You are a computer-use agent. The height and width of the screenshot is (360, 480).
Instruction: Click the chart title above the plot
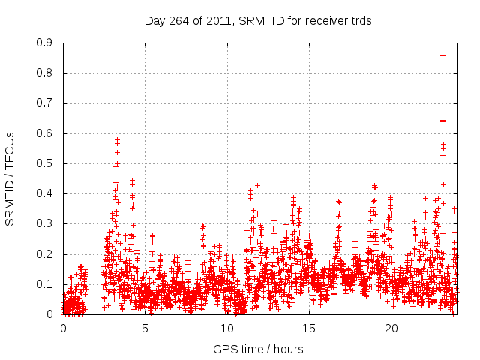tap(258, 21)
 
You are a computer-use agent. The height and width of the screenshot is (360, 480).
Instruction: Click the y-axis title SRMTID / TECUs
tap(10, 179)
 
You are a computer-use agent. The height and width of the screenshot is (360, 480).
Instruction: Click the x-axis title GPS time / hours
tap(258, 349)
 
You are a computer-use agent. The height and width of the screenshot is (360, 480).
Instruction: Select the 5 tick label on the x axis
tap(145, 328)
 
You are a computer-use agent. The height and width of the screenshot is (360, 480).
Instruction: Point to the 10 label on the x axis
tap(227, 328)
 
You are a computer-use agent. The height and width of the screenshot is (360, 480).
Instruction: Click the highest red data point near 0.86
tap(442, 55)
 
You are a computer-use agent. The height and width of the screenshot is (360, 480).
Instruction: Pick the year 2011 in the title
tap(217, 21)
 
